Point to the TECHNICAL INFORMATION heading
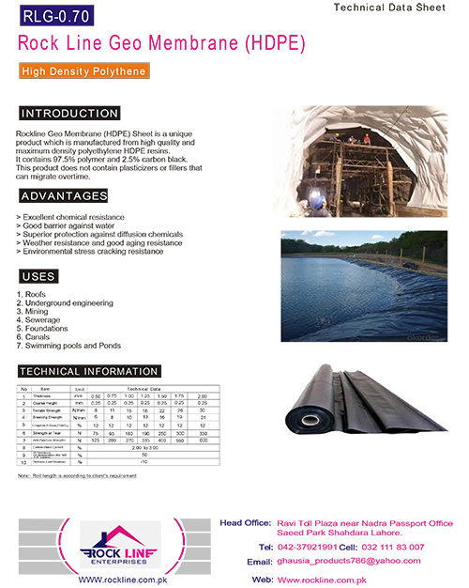click(89, 371)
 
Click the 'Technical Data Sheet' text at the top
click(398, 7)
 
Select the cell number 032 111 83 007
click(392, 546)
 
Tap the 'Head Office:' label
click(246, 522)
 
